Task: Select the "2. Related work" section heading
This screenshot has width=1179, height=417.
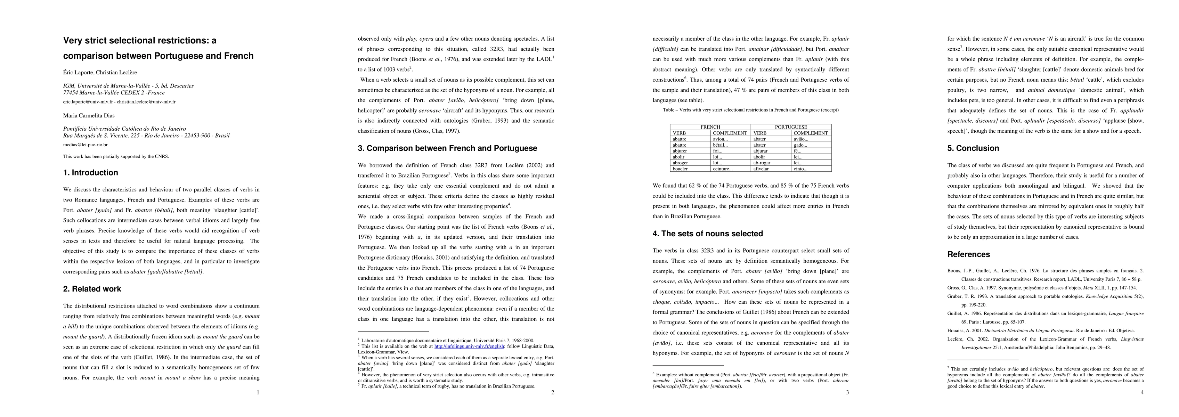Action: click(x=92, y=289)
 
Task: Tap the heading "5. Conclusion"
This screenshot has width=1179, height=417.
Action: click(x=973, y=148)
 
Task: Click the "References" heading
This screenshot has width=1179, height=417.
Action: click(x=968, y=254)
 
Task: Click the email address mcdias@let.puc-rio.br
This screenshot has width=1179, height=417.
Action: click(x=85, y=145)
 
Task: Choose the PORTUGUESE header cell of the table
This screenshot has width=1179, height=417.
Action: click(x=791, y=127)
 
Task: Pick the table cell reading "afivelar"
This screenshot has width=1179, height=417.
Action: click(x=762, y=169)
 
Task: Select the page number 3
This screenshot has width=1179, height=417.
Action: click(x=847, y=392)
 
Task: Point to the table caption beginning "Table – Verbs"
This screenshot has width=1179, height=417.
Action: click(x=751, y=110)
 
